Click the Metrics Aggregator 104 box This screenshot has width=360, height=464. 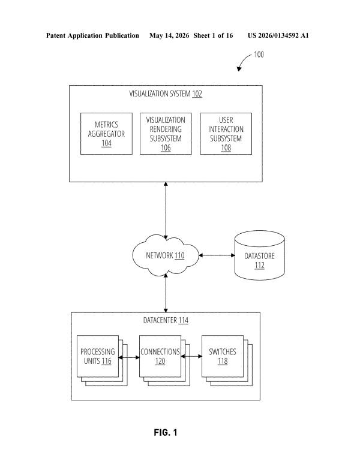click(106, 134)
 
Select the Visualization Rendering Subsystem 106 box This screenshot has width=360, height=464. click(166, 134)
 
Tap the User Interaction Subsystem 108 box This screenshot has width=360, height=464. click(226, 134)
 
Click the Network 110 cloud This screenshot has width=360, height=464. click(166, 255)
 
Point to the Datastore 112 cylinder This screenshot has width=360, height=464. click(260, 255)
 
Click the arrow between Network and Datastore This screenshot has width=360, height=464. click(217, 255)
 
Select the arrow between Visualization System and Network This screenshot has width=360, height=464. click(166, 210)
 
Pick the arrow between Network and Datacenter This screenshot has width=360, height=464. click(166, 293)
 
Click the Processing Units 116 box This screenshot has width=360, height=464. click(98, 356)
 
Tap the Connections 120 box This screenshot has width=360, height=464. click(160, 356)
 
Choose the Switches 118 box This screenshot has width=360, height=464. click(223, 356)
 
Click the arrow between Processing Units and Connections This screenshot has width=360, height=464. click(129, 357)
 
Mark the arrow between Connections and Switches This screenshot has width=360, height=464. click(191, 356)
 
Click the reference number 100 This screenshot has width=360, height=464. click(259, 55)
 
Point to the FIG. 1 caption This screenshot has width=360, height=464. click(166, 432)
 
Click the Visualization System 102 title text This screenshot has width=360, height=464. click(166, 94)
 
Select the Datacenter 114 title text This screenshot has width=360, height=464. click(166, 320)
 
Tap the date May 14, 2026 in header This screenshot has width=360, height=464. click(169, 35)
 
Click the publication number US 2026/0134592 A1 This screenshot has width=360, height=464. click(278, 35)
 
